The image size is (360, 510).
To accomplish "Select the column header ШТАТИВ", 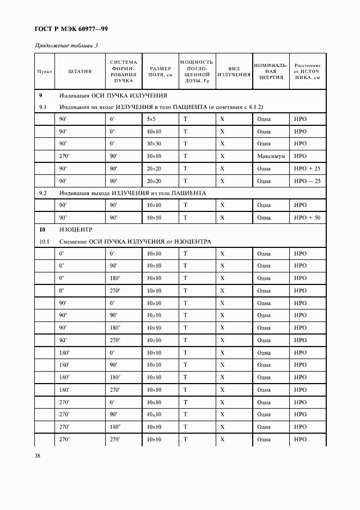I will point(80,71).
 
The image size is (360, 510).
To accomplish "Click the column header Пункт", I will point(44,71).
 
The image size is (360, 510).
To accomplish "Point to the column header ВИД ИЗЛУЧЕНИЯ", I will point(234,71).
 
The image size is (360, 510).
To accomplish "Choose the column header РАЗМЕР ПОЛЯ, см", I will point(160,71).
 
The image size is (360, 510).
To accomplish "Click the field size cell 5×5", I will point(151,118).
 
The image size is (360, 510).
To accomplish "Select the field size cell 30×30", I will point(154,143).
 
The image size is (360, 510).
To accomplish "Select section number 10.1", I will point(45,241).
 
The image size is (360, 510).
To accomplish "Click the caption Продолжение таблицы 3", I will point(66,45).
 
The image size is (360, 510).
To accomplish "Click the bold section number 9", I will point(41,95).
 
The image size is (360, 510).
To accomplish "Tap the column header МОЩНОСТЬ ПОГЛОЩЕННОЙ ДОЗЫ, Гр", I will point(197,71).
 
